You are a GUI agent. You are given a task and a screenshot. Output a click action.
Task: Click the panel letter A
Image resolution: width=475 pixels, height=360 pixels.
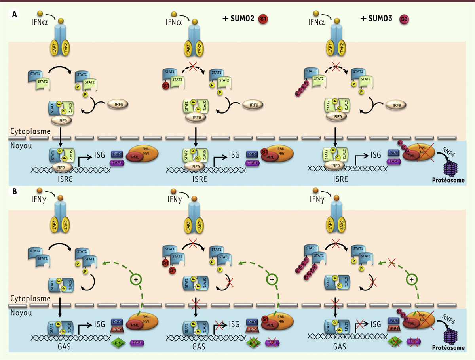tap(15, 15)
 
